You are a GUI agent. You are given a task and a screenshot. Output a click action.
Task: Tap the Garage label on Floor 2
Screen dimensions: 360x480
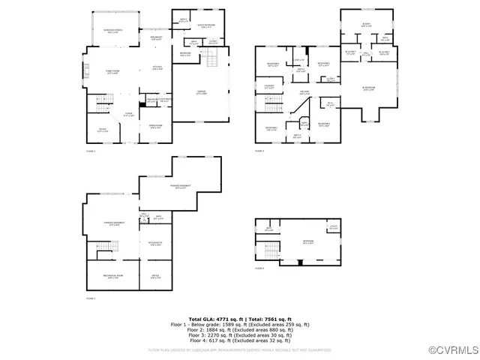point(201,93)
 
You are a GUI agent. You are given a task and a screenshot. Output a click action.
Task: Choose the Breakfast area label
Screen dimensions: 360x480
point(157,38)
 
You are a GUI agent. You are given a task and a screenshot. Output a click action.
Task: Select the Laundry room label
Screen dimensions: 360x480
point(268,88)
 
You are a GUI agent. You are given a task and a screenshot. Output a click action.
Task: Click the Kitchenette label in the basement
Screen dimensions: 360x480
point(155,244)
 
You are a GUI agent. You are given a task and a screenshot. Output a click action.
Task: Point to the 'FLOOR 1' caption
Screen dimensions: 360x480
point(91,298)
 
